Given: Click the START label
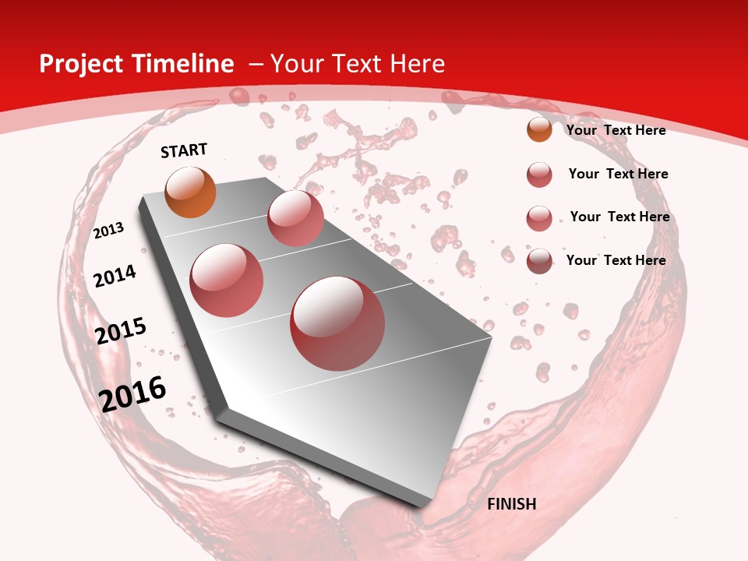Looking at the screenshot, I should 184,150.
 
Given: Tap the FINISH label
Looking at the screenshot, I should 511,504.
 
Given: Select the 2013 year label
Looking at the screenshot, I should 109,231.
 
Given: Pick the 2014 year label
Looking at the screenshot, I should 115,276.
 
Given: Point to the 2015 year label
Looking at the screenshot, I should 121,330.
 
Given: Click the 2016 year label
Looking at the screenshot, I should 132,394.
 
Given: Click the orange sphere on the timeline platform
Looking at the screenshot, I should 190,192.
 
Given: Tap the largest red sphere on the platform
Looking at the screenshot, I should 337,323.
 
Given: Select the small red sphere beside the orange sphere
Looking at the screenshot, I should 295,218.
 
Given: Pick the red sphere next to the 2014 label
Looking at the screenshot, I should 226,280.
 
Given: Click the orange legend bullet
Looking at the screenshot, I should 539,129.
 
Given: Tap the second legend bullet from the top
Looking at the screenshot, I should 539,175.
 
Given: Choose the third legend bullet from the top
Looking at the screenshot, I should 539,218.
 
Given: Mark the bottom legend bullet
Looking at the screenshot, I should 539,261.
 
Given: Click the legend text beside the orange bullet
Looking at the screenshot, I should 616,130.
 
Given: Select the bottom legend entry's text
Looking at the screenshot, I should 616,260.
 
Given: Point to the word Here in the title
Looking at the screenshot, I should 418,64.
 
